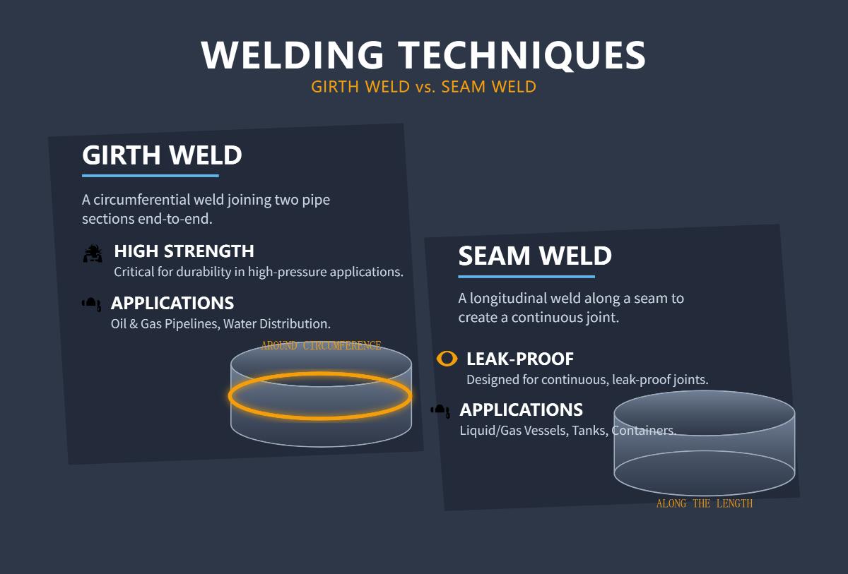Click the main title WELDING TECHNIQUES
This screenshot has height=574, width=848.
coord(423,55)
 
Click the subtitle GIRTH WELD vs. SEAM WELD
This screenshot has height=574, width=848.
coord(423,87)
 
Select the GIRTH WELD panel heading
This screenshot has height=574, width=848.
coord(162,155)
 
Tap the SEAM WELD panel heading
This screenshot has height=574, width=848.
coord(535,256)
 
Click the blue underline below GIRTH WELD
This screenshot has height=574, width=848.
coord(151,176)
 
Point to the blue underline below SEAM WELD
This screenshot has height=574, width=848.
coord(526,277)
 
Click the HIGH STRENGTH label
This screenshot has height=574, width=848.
coord(184,251)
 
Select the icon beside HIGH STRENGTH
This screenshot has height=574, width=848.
coord(93,253)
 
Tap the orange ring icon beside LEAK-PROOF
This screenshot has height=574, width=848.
coord(447,359)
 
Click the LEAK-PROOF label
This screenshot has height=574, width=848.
coord(520,359)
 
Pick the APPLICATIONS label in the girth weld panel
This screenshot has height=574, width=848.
coord(172,304)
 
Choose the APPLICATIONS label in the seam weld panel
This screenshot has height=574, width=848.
coord(522,410)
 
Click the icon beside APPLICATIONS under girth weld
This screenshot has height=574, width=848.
coord(91,304)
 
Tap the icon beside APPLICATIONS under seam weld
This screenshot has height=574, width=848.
coord(440,410)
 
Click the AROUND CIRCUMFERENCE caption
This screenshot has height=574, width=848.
coord(321,346)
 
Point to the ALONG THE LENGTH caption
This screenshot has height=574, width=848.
coord(705,504)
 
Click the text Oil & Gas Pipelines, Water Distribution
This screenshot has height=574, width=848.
coord(220,324)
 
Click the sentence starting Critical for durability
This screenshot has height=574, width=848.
coord(259,272)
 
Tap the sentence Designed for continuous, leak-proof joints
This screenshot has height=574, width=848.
coord(587,380)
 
